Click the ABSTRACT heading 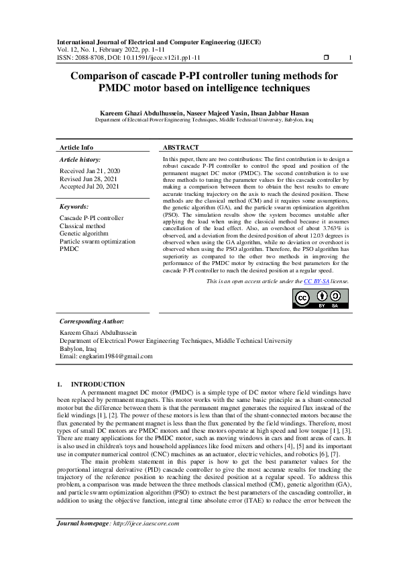(x=181, y=148)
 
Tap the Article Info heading (x=76, y=148)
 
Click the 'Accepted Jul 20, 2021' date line (x=89, y=186)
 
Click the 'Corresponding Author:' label (x=92, y=321)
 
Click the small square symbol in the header (x=326, y=58)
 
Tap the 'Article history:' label (x=80, y=160)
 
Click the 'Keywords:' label (x=74, y=207)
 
